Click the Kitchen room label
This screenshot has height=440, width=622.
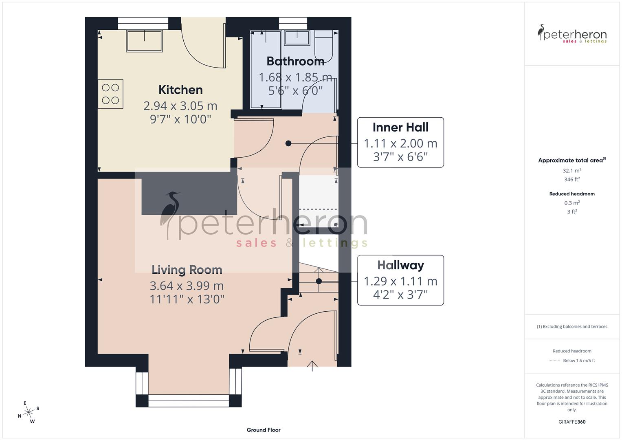(180, 90)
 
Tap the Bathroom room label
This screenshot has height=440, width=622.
(295, 61)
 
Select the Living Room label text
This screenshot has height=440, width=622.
(187, 270)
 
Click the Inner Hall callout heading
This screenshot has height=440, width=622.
(400, 128)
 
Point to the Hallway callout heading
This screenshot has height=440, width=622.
(400, 265)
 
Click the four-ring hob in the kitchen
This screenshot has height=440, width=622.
(110, 94)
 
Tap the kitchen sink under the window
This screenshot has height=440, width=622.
(145, 41)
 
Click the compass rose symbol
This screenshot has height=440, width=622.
(29, 412)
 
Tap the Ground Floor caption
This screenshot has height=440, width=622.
(264, 430)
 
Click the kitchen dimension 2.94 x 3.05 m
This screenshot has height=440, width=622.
(180, 106)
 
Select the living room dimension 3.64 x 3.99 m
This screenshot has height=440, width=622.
(187, 286)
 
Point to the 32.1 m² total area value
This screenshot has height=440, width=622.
(572, 171)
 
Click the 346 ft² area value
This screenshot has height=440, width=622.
(572, 179)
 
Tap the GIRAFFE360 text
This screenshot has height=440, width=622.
(572, 422)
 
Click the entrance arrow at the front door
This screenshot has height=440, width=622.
(312, 365)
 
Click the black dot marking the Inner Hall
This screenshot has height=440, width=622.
(288, 143)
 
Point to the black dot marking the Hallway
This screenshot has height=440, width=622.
(319, 281)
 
